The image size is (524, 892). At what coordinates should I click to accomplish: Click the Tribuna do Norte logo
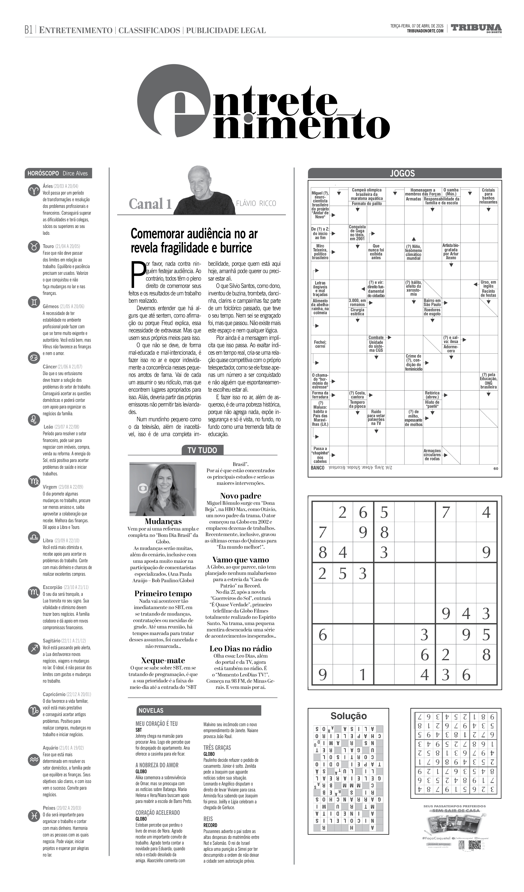(x=476, y=28)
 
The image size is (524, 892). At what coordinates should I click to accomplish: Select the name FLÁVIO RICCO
(x=256, y=203)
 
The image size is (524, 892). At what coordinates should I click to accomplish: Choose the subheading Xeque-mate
(x=163, y=660)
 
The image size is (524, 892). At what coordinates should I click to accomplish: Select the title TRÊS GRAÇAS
(x=217, y=748)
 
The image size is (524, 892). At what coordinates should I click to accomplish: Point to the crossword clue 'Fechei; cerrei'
(x=320, y=344)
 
